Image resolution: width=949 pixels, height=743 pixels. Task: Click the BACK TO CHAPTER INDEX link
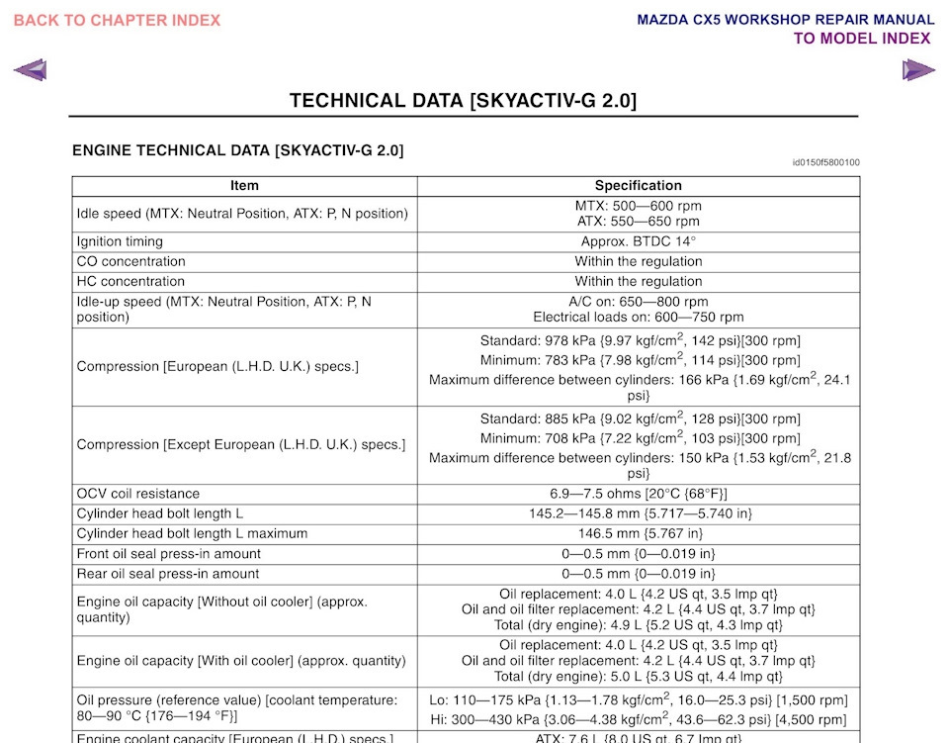(x=117, y=20)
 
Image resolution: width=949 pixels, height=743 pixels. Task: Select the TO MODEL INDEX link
(x=862, y=39)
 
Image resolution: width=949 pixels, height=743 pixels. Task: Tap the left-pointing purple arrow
(x=30, y=70)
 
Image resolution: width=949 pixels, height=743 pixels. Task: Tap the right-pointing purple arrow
(x=918, y=70)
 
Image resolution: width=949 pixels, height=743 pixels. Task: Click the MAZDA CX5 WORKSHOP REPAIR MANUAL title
(x=785, y=20)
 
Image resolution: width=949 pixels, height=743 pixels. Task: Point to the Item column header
(x=244, y=185)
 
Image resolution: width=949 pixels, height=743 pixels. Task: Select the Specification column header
(x=638, y=185)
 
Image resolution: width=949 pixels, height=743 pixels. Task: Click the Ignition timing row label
(x=120, y=241)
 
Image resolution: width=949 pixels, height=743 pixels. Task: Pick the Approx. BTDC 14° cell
(x=638, y=241)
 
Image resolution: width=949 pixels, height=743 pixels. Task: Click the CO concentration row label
(x=130, y=261)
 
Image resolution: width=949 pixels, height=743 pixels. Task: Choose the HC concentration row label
(x=130, y=281)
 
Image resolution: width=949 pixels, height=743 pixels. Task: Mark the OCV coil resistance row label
(x=137, y=494)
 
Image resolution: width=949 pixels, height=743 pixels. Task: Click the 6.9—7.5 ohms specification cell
(x=638, y=494)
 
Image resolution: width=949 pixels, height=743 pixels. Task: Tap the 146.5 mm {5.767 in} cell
(x=638, y=533)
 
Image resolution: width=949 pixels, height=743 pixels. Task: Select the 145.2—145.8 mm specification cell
(x=638, y=513)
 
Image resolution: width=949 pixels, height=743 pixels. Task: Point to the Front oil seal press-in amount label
(x=168, y=554)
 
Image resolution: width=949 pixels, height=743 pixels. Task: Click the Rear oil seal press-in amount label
(x=167, y=574)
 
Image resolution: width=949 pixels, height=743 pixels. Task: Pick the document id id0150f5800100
(x=825, y=162)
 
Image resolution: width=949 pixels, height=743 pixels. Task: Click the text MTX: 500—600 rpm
(x=638, y=206)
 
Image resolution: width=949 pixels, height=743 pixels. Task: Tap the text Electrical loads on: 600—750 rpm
(x=638, y=318)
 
